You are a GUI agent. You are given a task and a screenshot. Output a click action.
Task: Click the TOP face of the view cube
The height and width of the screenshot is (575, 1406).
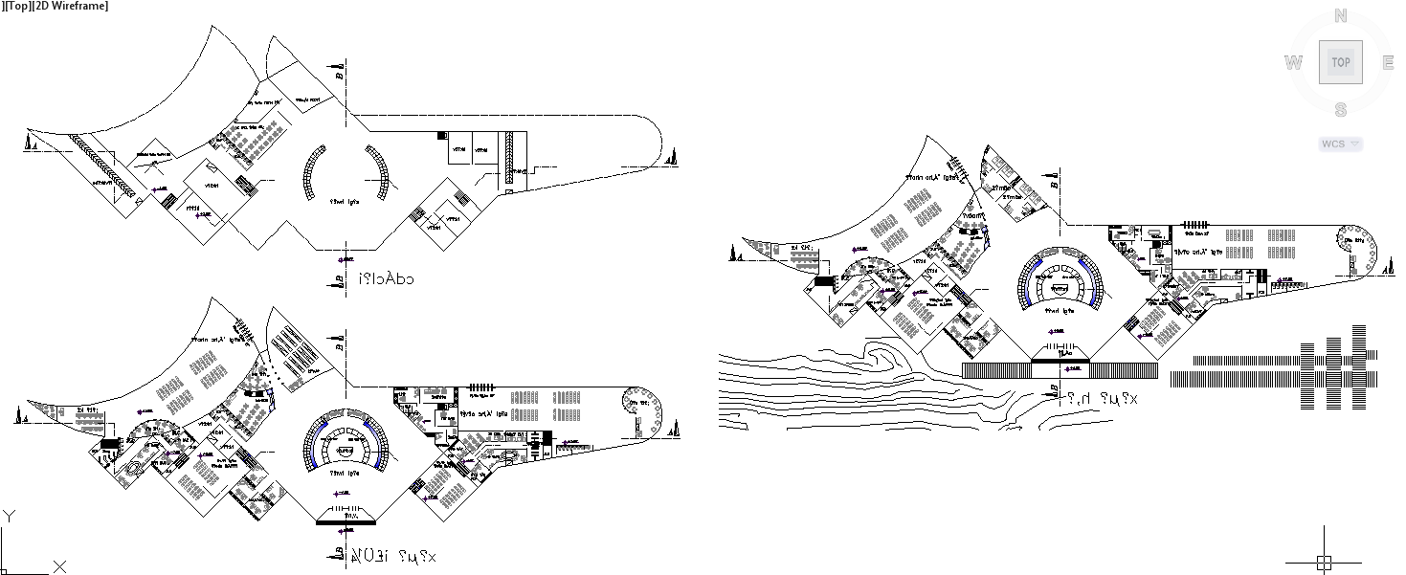coord(1340,62)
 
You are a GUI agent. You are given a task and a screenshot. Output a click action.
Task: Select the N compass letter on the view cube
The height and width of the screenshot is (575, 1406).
coord(1340,16)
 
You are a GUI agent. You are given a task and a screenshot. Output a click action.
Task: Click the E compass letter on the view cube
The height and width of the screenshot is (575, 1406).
coord(1387,63)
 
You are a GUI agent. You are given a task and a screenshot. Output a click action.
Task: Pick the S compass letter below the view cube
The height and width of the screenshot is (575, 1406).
coord(1340,110)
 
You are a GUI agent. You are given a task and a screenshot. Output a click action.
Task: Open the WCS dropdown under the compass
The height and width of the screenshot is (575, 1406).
coord(1340,144)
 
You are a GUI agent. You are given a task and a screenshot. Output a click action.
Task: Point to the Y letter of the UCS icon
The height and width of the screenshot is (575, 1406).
coord(9,517)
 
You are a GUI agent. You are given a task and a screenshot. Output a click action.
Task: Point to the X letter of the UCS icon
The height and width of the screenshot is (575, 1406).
coord(59,566)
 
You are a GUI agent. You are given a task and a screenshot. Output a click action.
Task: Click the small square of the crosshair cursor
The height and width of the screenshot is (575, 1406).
coord(1324,562)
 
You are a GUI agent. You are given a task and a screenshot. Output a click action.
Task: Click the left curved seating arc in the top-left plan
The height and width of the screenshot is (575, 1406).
coord(310,174)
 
